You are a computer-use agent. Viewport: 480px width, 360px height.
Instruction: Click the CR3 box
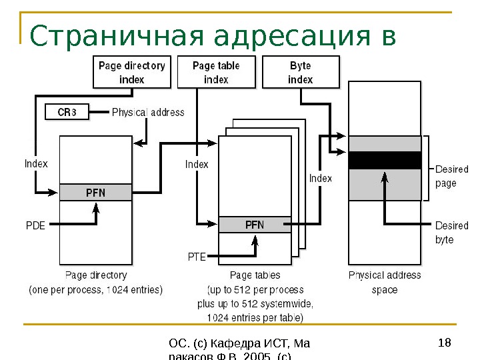tap(67, 113)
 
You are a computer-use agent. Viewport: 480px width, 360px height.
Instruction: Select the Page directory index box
tap(131, 72)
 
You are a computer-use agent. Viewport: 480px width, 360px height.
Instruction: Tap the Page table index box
tap(215, 72)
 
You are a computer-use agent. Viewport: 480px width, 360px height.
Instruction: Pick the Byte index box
tap(300, 72)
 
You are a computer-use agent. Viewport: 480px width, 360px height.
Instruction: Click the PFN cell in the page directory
tap(95, 193)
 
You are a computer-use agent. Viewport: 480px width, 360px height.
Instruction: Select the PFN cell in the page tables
tap(255, 225)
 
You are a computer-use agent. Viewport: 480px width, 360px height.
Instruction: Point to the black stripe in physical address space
tap(385, 161)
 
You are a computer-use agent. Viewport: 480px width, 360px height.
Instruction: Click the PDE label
tap(35, 225)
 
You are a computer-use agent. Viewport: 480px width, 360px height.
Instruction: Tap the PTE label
tap(197, 255)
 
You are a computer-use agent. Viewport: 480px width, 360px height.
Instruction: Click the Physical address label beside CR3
tap(148, 113)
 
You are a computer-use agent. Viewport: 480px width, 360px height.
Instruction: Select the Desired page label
tap(451, 176)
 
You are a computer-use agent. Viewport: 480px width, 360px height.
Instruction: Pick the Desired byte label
tap(451, 232)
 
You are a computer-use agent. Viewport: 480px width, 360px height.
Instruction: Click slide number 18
tap(445, 343)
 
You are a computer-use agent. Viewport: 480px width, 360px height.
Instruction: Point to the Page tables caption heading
tap(255, 275)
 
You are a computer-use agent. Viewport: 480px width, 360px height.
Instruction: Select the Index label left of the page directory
tap(36, 163)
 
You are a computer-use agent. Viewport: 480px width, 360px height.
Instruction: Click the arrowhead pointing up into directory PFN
tap(96, 207)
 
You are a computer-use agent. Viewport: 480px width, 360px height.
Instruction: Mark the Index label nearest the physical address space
tap(320, 178)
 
